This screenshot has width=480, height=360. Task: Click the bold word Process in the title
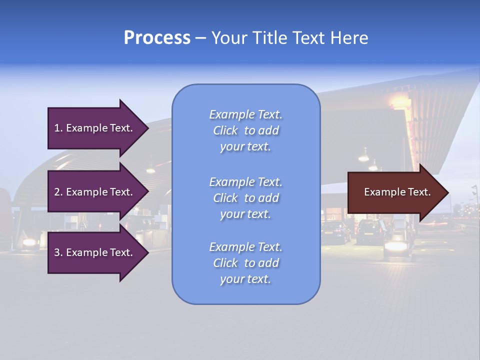[157, 38]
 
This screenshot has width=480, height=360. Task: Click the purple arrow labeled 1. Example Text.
[95, 128]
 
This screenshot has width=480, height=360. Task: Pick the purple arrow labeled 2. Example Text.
[95, 192]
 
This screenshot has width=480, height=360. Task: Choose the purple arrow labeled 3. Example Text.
[95, 252]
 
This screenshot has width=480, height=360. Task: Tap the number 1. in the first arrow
[58, 128]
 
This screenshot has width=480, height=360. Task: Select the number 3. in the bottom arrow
[58, 252]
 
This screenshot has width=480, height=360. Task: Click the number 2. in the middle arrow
[58, 192]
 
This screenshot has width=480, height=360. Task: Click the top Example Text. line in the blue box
[245, 114]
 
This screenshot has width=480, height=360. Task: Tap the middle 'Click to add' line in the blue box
[245, 198]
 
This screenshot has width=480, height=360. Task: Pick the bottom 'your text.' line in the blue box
[245, 279]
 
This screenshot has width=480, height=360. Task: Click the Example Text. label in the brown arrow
[397, 192]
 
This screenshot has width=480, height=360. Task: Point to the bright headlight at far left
[29, 242]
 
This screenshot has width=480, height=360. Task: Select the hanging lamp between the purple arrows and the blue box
[150, 169]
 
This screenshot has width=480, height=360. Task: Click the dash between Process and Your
[201, 38]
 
